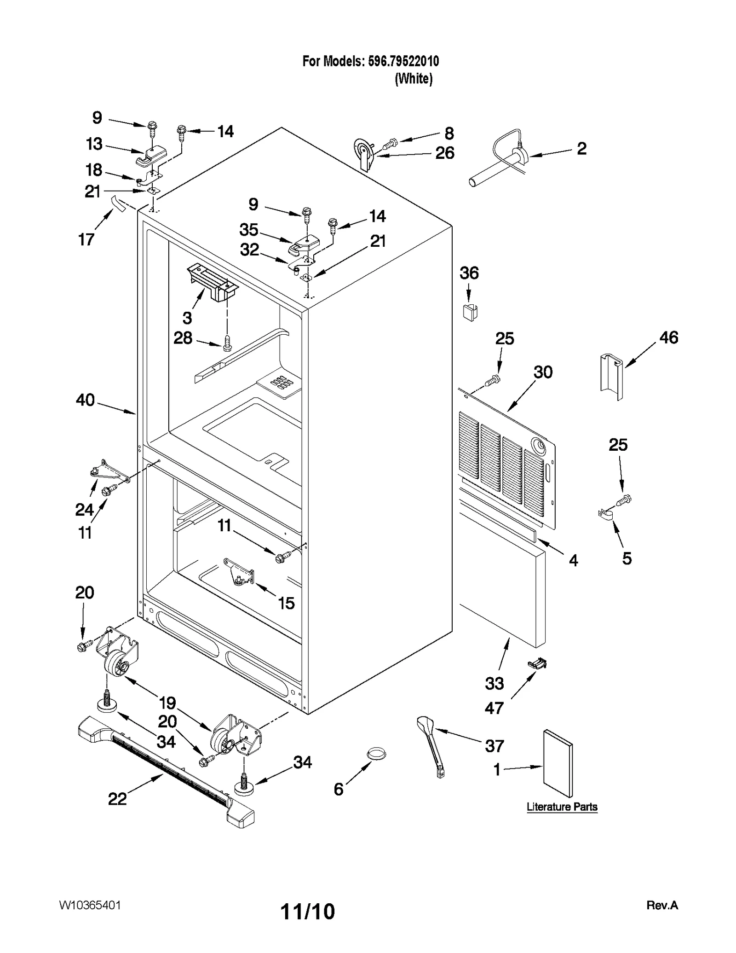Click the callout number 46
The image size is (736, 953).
coord(668,338)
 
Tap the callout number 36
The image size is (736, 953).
coord(469,273)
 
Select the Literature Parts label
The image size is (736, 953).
coord(562,807)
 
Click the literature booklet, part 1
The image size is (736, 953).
coord(558,763)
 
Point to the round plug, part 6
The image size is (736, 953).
coord(376,754)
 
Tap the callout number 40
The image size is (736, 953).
coord(85,400)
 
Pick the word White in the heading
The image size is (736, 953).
coord(414,79)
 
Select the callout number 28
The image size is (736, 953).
coord(183,338)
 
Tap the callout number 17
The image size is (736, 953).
coord(86,239)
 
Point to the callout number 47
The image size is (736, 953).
coord(494,708)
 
